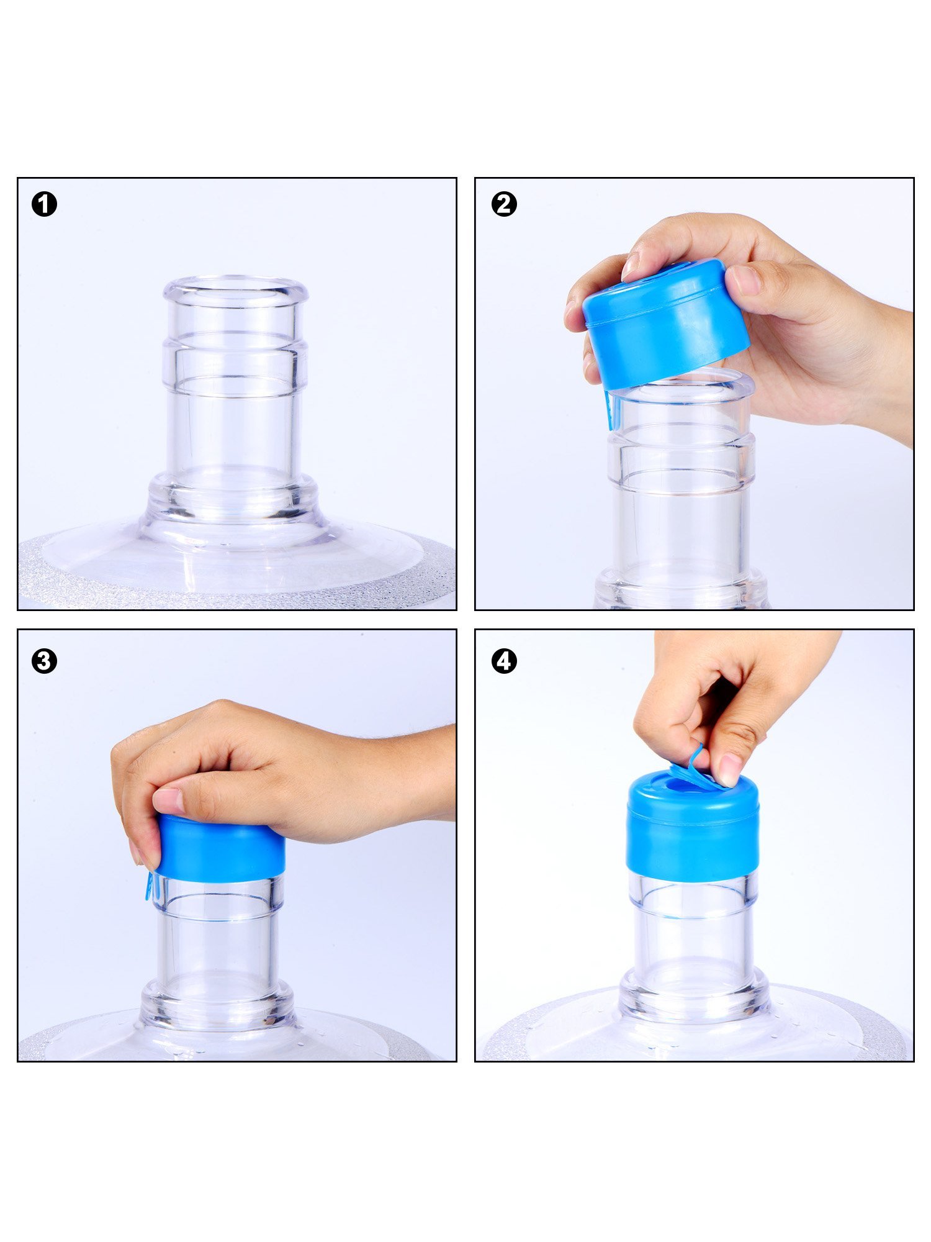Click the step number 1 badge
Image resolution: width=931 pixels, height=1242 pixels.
click(44, 204)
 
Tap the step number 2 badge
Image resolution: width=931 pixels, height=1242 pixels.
click(504, 204)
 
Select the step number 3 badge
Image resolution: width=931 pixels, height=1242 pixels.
click(44, 661)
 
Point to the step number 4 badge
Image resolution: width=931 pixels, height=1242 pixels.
click(504, 661)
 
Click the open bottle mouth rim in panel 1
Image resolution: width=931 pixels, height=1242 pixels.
click(236, 289)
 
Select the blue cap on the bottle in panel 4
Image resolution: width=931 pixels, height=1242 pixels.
click(693, 826)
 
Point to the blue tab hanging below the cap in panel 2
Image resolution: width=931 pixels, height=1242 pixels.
click(610, 410)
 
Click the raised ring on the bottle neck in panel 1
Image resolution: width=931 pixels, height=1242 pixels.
click(235, 363)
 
